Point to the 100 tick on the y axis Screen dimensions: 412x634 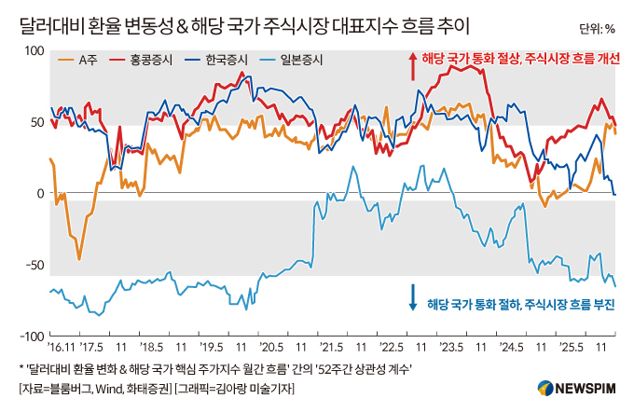click(34, 50)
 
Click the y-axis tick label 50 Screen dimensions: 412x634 click(37, 122)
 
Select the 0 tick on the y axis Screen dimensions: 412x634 click(40, 193)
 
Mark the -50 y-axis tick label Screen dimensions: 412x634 click(34, 265)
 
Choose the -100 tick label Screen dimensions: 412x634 click(32, 336)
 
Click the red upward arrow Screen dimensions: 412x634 click(412, 63)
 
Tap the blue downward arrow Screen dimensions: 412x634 click(412, 297)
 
